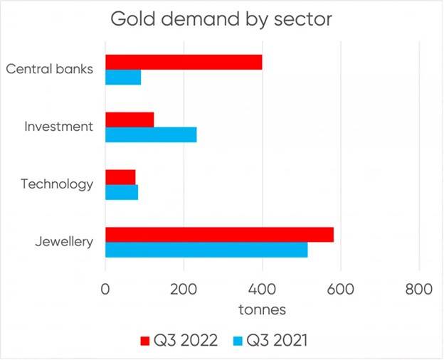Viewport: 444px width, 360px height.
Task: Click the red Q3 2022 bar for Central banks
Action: point(184,62)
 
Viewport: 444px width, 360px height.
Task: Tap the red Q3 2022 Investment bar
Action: point(129,120)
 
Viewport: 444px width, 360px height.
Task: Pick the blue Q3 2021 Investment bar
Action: point(151,134)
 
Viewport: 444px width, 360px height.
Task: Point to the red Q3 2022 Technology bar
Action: point(120,177)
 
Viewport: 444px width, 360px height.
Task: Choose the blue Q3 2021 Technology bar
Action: point(122,192)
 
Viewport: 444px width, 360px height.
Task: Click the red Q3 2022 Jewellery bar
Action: point(219,235)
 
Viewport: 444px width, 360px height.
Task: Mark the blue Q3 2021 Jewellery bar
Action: point(206,250)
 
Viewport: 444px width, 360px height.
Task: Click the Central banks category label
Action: point(50,70)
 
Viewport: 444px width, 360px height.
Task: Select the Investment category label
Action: point(59,127)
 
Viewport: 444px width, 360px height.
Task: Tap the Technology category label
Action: point(57,185)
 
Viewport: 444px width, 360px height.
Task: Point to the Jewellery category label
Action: point(65,243)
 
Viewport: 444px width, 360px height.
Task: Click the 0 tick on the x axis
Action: point(106,290)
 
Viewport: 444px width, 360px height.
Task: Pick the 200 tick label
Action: point(184,290)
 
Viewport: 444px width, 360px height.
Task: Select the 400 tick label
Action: point(263,290)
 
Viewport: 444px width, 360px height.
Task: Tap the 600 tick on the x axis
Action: point(341,290)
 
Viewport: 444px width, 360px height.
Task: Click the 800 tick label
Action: point(418,290)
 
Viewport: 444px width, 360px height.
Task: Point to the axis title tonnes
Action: point(262,310)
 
